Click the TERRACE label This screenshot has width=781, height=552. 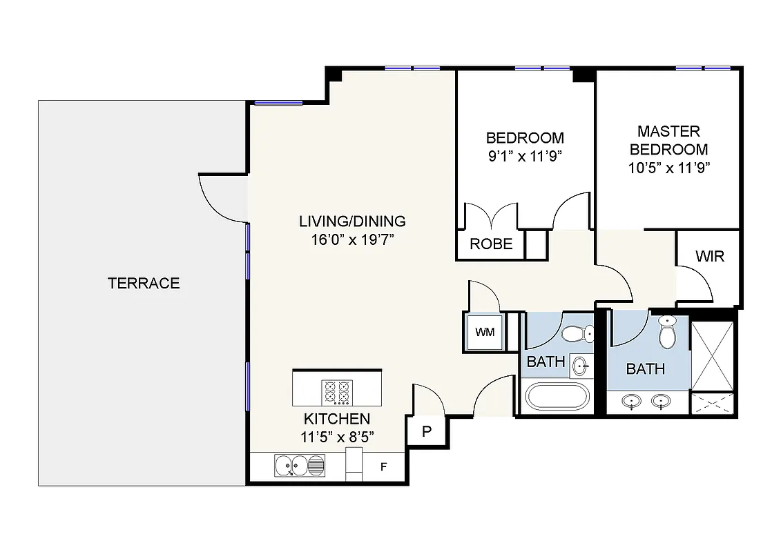point(144,283)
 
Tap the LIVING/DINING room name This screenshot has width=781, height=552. point(352,221)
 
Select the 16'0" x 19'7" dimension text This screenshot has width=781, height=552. point(352,240)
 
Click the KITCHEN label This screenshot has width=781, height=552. point(337,419)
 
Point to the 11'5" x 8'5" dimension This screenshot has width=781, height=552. point(337,437)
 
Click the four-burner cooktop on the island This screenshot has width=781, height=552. point(337,393)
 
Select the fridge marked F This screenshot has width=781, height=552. point(384,467)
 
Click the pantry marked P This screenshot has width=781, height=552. point(427,432)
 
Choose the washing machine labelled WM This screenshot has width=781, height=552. point(485,332)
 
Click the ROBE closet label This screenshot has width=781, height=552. point(491,244)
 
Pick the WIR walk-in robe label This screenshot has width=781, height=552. point(709,257)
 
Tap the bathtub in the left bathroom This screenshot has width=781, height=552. point(557,398)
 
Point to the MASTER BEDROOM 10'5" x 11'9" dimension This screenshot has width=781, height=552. point(669,167)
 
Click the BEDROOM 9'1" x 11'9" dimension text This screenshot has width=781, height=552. point(525,156)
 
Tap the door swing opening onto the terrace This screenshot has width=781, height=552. point(220,196)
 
